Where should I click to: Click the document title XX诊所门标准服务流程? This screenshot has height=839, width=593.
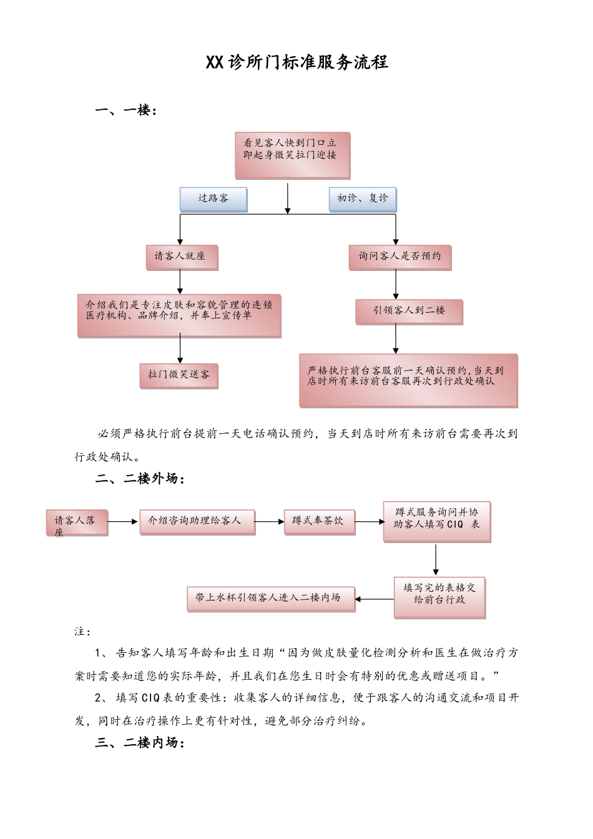pyautogui.click(x=296, y=62)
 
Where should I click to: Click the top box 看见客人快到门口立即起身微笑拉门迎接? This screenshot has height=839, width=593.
pyautogui.click(x=292, y=154)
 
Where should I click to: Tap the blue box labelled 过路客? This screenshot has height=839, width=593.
pyautogui.click(x=213, y=199)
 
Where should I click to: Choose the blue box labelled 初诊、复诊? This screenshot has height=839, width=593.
pyautogui.click(x=362, y=199)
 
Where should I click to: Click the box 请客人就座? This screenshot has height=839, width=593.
pyautogui.click(x=180, y=257)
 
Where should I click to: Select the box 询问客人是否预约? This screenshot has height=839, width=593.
pyautogui.click(x=399, y=257)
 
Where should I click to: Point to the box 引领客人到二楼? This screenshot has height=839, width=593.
pyautogui.click(x=409, y=311)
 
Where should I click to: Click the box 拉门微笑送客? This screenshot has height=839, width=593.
pyautogui.click(x=179, y=375)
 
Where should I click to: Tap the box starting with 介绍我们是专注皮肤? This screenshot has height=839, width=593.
pyautogui.click(x=179, y=315)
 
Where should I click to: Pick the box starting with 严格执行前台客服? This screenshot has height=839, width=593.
pyautogui.click(x=409, y=380)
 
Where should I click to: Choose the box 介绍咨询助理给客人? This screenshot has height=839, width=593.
pyautogui.click(x=197, y=521)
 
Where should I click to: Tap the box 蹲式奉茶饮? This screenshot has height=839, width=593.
pyautogui.click(x=319, y=521)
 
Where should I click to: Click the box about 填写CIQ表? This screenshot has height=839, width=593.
pyautogui.click(x=437, y=520)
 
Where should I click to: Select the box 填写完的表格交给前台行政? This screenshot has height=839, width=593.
pyautogui.click(x=439, y=596)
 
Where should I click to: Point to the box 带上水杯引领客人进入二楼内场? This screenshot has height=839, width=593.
pyautogui.click(x=271, y=597)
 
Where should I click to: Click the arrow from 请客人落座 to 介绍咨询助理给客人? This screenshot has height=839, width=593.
pyautogui.click(x=123, y=521)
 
